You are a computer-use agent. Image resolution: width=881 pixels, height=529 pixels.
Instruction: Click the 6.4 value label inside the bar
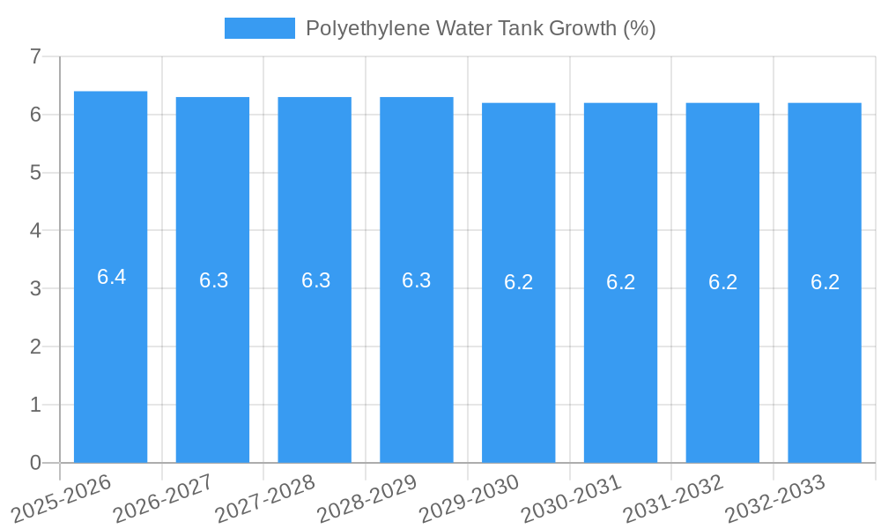click(x=111, y=277)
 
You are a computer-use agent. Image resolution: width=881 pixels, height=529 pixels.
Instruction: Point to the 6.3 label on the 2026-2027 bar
click(x=213, y=280)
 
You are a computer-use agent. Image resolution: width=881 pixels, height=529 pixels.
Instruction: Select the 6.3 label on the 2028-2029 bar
click(x=416, y=280)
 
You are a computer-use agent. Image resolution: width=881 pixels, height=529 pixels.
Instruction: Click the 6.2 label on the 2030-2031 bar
click(x=620, y=282)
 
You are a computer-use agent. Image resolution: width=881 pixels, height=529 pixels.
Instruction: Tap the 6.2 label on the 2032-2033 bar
click(x=825, y=282)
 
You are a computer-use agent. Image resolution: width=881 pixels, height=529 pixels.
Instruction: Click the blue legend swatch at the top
click(x=260, y=28)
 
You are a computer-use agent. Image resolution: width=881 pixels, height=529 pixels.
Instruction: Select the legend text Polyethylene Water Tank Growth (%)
click(x=480, y=28)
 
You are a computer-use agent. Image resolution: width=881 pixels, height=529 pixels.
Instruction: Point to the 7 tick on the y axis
click(x=35, y=56)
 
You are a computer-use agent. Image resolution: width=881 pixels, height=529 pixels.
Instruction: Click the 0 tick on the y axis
click(x=35, y=463)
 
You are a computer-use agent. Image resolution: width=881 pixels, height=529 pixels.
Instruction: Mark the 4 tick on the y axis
click(x=35, y=231)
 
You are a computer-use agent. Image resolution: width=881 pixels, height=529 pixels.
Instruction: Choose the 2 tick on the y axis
click(x=35, y=346)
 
